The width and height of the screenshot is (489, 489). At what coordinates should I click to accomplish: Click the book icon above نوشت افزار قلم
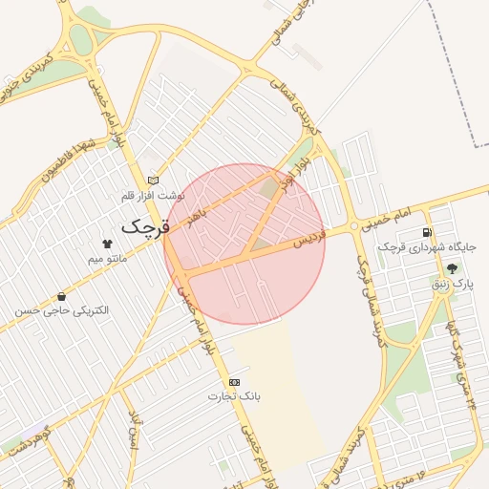pos(152,180)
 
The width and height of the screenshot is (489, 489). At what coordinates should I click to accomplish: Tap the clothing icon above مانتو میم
pos(107,244)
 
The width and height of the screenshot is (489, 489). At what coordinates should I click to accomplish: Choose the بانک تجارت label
pos(237,395)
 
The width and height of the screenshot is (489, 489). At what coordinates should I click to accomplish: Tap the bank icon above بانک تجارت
pos(235,381)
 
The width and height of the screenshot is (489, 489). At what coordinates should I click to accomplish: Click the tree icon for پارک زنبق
pos(452,268)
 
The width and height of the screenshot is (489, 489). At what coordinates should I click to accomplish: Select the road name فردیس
pos(309,236)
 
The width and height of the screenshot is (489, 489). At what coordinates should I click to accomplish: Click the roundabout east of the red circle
pos(354,226)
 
